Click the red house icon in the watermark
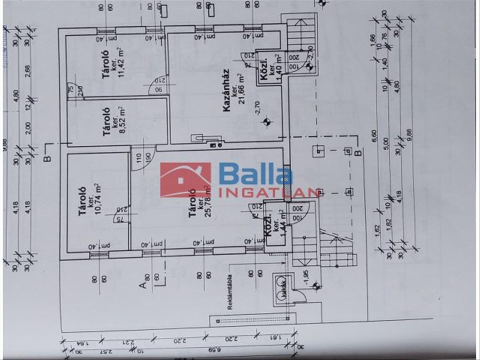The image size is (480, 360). coord(186,180)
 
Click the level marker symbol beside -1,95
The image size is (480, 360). coord(316,286)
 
